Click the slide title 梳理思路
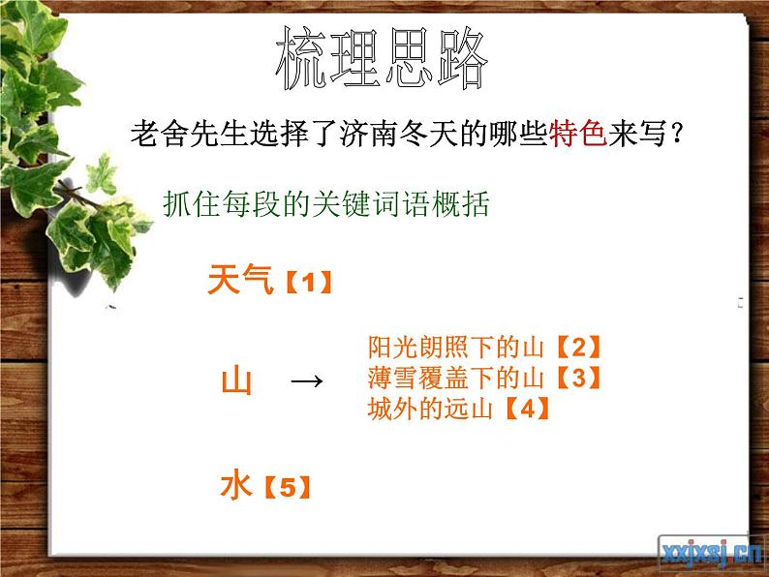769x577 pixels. point(382,60)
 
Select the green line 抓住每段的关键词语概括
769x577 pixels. point(327,205)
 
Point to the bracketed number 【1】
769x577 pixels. point(309,284)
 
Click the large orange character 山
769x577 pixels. point(236,380)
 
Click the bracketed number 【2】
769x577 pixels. point(577,347)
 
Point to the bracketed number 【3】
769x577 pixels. point(577,378)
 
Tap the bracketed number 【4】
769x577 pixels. point(527,409)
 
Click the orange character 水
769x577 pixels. point(235,486)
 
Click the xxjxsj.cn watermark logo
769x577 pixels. point(711,552)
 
